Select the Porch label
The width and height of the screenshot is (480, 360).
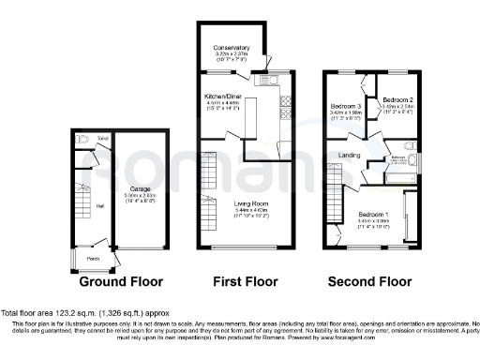pos(92,259)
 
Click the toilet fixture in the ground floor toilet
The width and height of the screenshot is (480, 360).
pos(84,142)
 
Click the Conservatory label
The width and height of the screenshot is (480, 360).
pos(232,48)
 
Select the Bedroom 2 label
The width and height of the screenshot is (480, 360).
pos(398,100)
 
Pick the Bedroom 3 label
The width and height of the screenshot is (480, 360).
pos(346,107)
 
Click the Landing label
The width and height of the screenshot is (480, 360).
pos(350,155)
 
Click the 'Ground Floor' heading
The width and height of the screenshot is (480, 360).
pos(120,281)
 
